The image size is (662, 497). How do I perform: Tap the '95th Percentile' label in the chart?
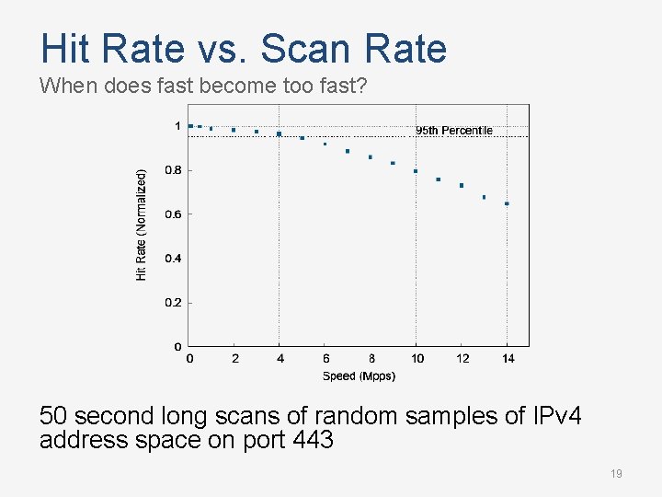click(454, 131)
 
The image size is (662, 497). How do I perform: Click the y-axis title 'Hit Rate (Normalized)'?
click(142, 225)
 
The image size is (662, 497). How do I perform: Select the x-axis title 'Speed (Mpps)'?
click(359, 376)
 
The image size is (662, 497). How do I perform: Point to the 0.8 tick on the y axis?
click(173, 170)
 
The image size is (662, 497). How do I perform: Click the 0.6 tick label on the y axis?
click(173, 214)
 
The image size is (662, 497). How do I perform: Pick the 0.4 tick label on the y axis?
click(173, 259)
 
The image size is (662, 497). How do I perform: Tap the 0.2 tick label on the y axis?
click(173, 303)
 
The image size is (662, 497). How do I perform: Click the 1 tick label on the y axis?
click(177, 126)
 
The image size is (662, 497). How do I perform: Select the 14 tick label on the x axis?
click(508, 359)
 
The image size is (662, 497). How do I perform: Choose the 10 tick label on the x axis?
click(417, 359)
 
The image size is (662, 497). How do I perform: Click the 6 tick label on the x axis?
click(325, 359)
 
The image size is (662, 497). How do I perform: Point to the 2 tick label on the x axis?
click(234, 359)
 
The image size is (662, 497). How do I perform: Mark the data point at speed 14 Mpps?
click(507, 203)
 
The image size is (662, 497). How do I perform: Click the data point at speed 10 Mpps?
click(416, 171)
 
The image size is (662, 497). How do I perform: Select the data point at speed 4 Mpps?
click(280, 133)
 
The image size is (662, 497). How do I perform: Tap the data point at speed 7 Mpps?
click(348, 151)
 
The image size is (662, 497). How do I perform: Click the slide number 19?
click(616, 474)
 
